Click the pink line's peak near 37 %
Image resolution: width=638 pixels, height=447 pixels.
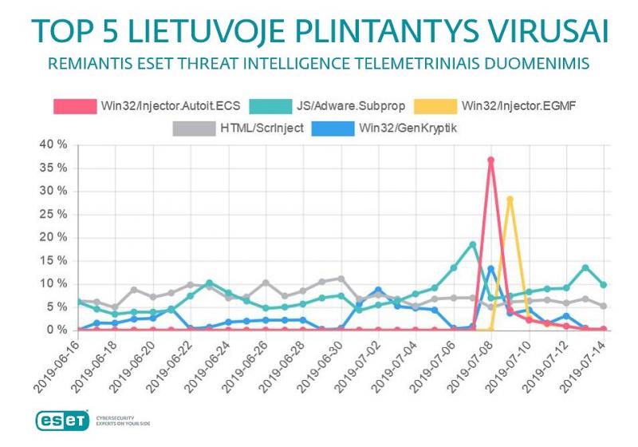pos(491,160)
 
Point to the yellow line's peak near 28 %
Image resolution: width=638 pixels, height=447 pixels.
pos(510,199)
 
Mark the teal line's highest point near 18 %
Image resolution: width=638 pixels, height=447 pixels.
pos(472,244)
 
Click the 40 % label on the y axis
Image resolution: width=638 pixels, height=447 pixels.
pos(49,144)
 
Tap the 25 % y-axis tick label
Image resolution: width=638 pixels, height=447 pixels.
pos(49,214)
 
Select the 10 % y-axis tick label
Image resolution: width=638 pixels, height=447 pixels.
pos(49,283)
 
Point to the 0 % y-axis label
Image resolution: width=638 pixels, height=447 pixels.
pos(53,330)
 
